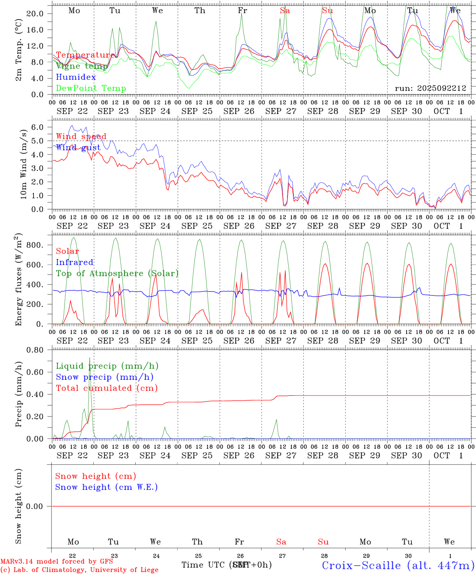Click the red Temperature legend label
(x=85, y=55)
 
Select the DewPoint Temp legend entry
(x=91, y=88)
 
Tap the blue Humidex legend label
(x=76, y=77)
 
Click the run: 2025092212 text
(x=430, y=88)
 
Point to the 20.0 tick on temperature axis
(x=35, y=14)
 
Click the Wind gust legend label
(x=78, y=147)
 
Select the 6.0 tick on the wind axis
(x=39, y=127)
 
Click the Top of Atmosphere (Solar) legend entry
(x=117, y=273)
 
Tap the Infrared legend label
(x=75, y=262)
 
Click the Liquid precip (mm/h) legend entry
(x=107, y=366)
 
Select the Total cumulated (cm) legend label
(x=106, y=388)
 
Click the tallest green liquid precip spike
(x=89, y=359)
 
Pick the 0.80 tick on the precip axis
(x=35, y=350)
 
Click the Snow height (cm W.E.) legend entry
(x=106, y=487)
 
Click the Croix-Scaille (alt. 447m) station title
(x=398, y=565)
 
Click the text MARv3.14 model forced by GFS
(x=57, y=561)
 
